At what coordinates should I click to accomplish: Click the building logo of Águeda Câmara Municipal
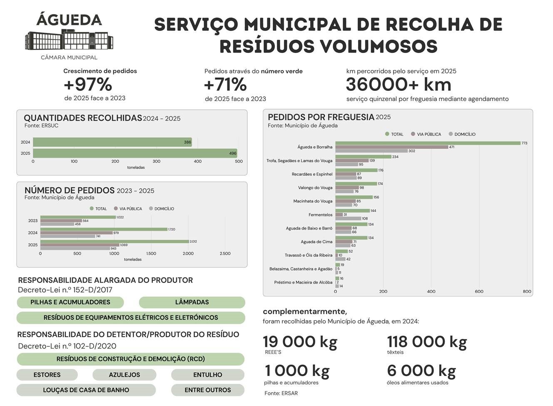(x=69, y=40)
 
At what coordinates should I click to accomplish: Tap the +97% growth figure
(x=88, y=85)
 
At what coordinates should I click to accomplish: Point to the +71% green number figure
(x=225, y=85)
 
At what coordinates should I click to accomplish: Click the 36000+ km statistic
(x=398, y=85)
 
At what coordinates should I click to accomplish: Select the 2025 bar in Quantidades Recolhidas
(x=135, y=153)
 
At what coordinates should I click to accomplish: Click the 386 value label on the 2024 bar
(x=187, y=142)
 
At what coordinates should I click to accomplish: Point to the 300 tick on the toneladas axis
(x=156, y=161)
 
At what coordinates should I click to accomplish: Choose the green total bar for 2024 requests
(x=104, y=229)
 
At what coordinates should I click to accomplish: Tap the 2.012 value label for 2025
(x=193, y=241)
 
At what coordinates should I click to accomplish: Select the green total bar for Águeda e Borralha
(x=428, y=143)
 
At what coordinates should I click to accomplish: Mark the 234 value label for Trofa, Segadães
(x=395, y=157)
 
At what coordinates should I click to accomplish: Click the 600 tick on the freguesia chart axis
(x=479, y=291)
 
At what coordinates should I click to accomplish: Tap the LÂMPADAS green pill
(x=192, y=302)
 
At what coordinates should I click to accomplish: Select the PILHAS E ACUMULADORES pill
(x=70, y=302)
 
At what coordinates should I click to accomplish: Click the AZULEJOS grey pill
(x=124, y=375)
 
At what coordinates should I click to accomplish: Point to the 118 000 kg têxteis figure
(x=427, y=342)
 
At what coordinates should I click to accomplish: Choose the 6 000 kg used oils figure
(x=421, y=371)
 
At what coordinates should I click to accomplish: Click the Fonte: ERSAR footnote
(x=281, y=393)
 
